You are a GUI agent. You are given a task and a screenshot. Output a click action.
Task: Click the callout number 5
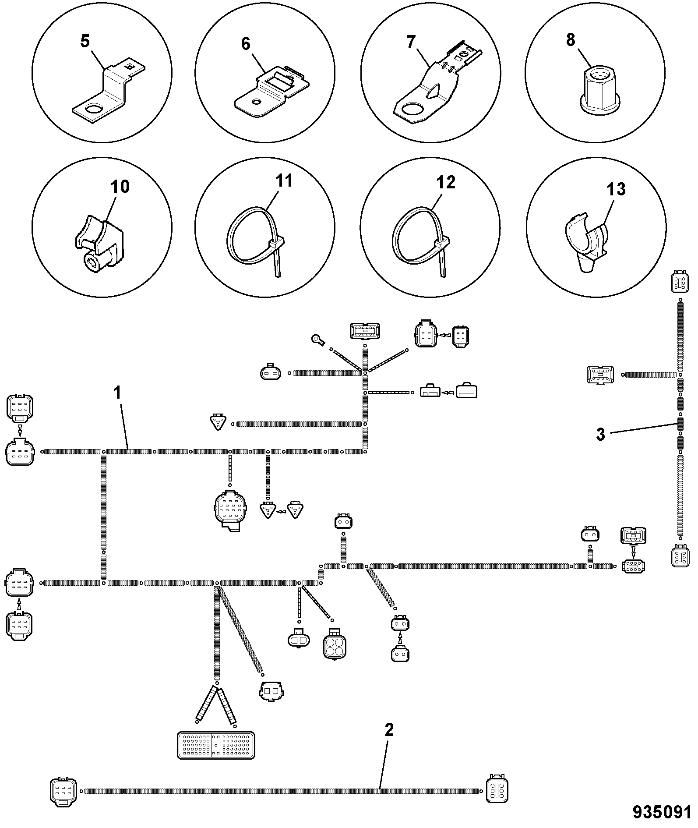pyautogui.click(x=85, y=42)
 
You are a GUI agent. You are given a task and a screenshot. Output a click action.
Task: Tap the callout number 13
pyautogui.click(x=616, y=189)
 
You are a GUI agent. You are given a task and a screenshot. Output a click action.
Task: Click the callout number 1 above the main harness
pyautogui.click(x=117, y=392)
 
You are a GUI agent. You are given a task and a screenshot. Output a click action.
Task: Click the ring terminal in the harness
pyautogui.click(x=317, y=339)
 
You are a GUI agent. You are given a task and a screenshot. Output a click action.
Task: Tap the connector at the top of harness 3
pyautogui.click(x=679, y=283)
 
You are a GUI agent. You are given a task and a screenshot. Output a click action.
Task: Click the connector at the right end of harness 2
pyautogui.click(x=497, y=789)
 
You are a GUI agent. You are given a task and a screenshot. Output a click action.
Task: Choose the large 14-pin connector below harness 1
pyautogui.click(x=230, y=510)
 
